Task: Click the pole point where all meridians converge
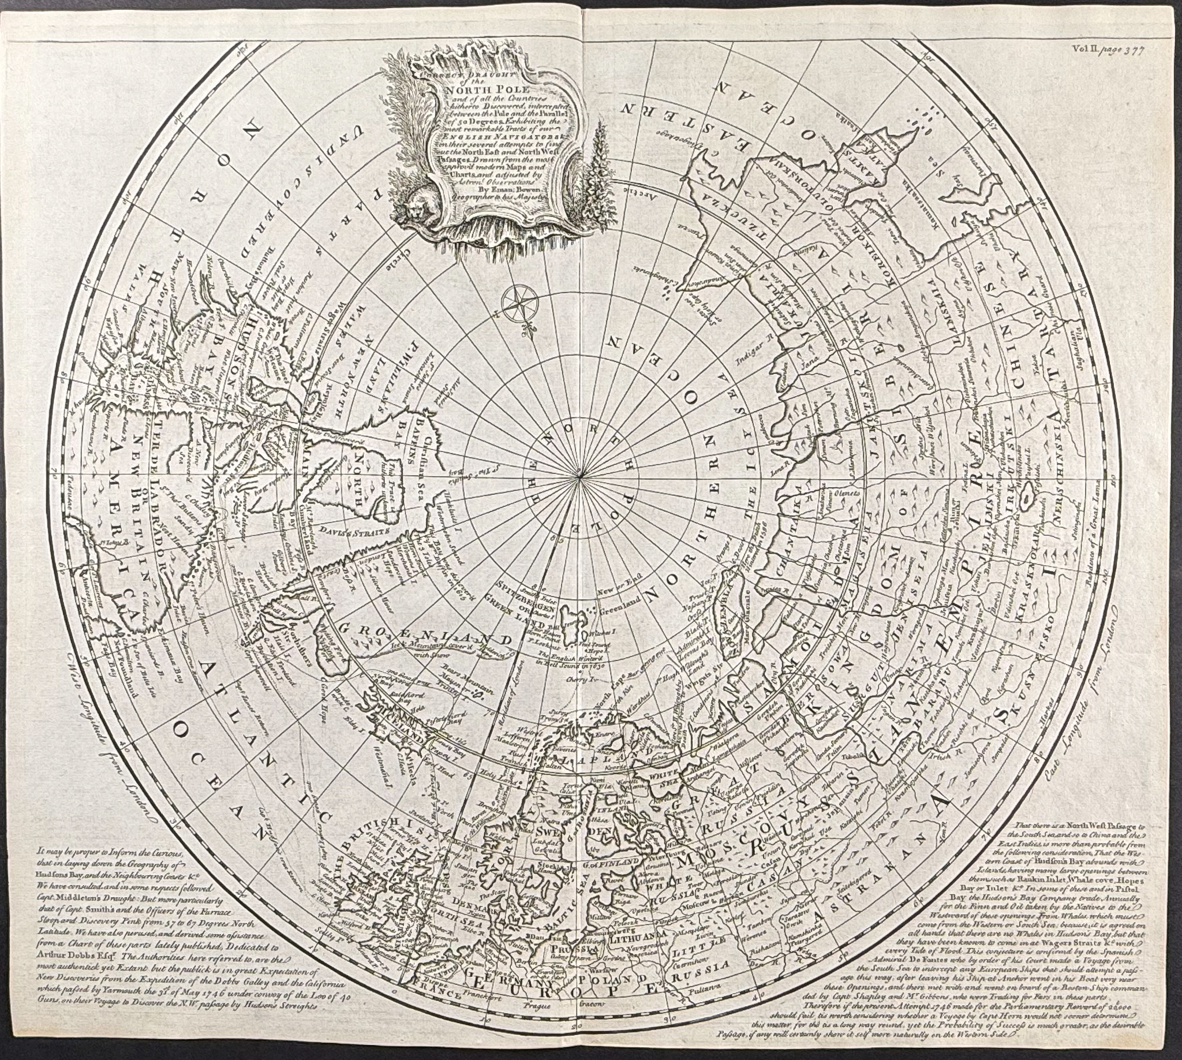581,479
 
